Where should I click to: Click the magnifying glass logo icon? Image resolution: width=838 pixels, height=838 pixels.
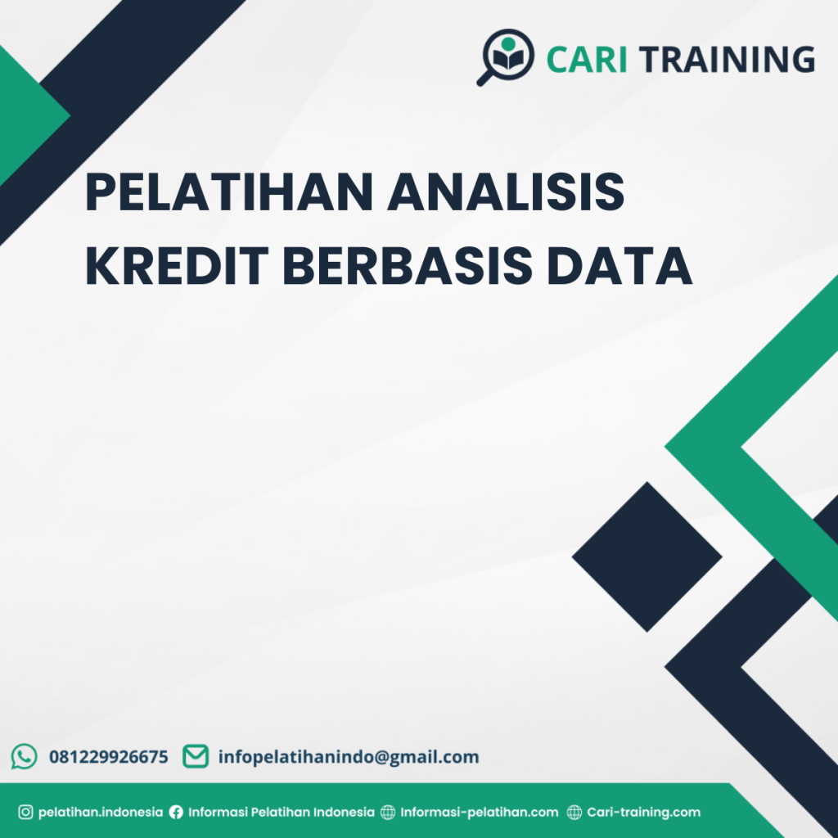click(x=506, y=56)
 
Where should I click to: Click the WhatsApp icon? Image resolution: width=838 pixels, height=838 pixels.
click(x=24, y=756)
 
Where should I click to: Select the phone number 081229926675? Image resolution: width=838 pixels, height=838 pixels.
click(x=109, y=757)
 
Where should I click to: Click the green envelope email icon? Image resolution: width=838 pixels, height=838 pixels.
click(x=195, y=756)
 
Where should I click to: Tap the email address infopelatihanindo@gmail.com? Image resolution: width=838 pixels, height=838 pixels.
click(x=349, y=757)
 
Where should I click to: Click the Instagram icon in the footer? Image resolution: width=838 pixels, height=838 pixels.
click(x=25, y=813)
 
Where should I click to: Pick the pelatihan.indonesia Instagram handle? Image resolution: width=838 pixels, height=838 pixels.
click(x=101, y=813)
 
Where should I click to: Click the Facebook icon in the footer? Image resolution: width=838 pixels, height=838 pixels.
click(x=176, y=813)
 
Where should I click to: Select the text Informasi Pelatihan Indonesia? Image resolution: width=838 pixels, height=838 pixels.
click(x=282, y=813)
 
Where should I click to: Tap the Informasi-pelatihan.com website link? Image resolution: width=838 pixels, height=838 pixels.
click(x=480, y=813)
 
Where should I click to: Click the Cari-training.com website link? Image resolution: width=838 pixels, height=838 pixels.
click(x=644, y=813)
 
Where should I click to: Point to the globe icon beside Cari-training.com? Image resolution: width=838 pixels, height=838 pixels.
click(x=574, y=813)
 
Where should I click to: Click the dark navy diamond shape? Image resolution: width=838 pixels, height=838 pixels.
click(x=647, y=556)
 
